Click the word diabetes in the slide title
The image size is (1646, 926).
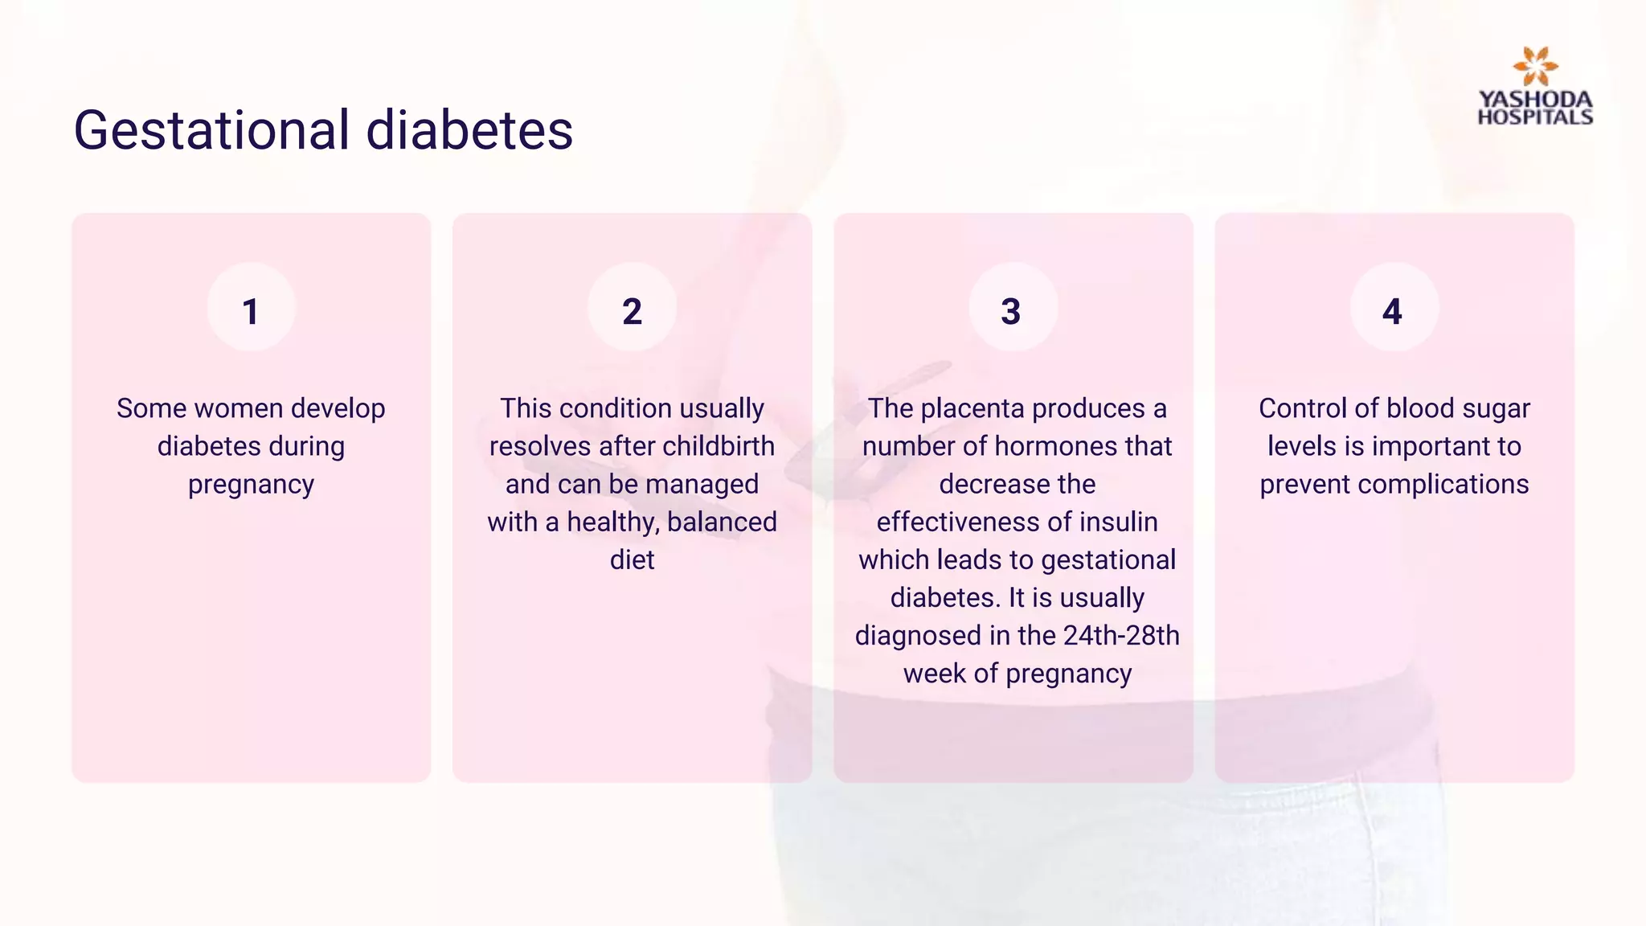point(469,130)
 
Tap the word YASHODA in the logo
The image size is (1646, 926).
point(1535,100)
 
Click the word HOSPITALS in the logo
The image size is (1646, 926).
point(1535,117)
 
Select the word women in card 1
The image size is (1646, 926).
point(239,408)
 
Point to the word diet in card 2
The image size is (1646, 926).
point(632,559)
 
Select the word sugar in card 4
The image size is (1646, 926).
point(1496,408)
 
